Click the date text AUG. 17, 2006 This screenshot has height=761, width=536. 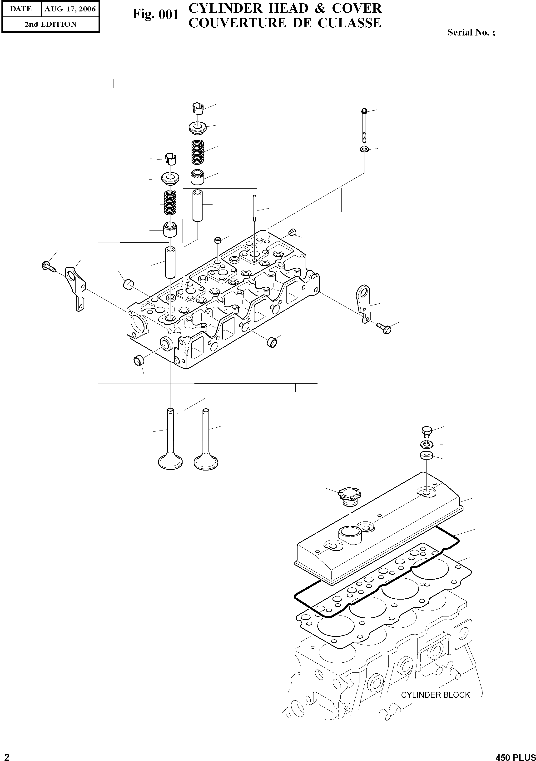click(x=70, y=9)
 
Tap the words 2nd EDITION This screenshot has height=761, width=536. click(x=50, y=24)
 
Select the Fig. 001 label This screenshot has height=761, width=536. click(x=155, y=15)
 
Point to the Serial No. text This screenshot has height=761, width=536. click(x=471, y=32)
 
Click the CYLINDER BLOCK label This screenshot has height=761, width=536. click(x=435, y=695)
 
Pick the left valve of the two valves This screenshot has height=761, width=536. click(x=171, y=441)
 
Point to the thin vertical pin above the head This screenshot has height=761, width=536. click(x=254, y=208)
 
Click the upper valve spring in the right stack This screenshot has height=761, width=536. click(x=198, y=152)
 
